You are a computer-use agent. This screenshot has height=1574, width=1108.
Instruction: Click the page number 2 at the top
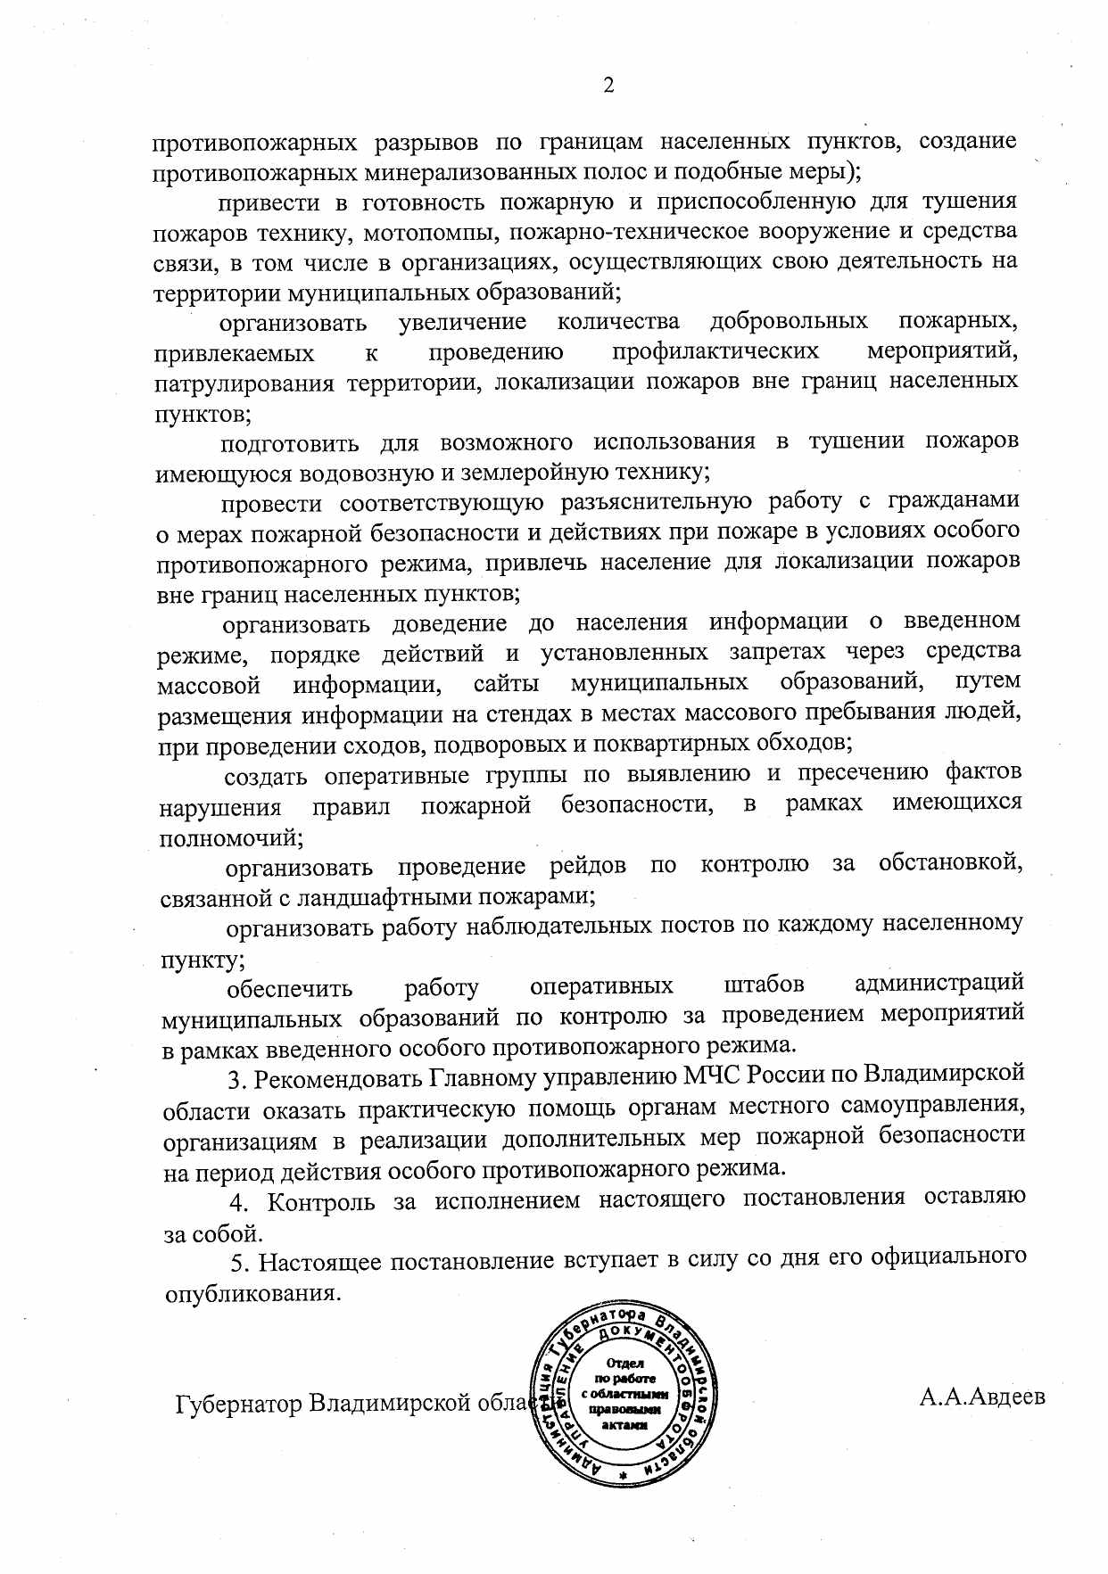(x=608, y=86)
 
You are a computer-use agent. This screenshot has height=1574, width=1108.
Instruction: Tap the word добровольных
(x=789, y=321)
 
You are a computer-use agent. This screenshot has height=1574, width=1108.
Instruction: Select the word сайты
(x=506, y=684)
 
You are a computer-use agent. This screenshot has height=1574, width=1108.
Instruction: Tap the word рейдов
(x=588, y=865)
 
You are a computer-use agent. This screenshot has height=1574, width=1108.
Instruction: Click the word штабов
(x=764, y=985)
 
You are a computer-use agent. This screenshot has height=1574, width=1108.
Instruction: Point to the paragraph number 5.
(x=237, y=1262)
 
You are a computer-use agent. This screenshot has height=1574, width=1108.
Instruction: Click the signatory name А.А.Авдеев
(x=982, y=1397)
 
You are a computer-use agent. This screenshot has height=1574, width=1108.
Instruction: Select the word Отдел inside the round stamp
(x=624, y=1363)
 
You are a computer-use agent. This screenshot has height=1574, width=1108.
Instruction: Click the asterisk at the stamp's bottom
(x=624, y=1476)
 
